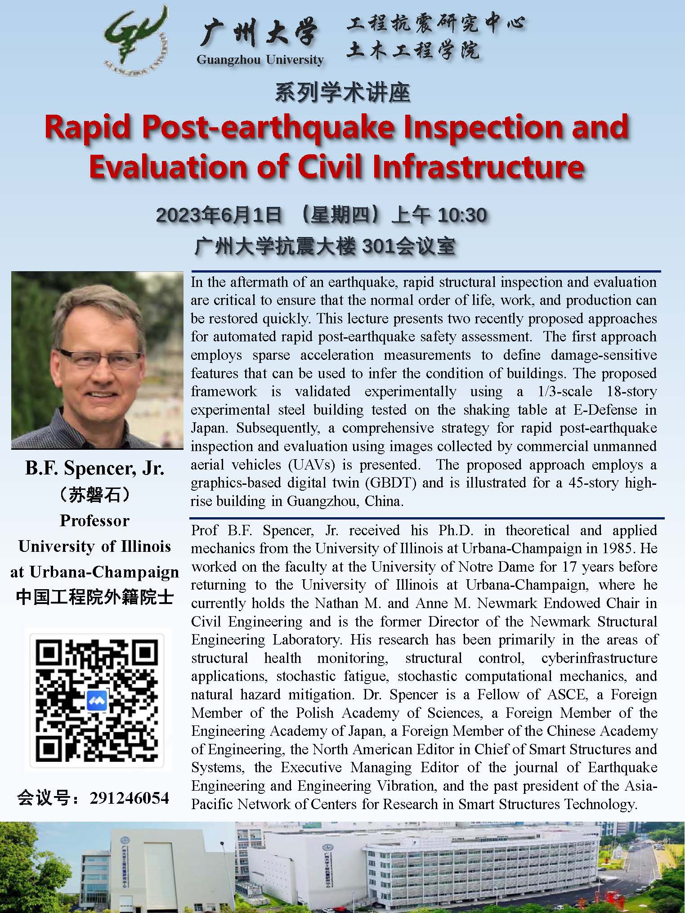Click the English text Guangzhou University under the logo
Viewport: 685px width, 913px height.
[x=260, y=60]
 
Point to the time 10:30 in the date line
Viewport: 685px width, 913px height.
[x=462, y=215]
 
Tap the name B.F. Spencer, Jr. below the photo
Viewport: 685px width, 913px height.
[x=95, y=468]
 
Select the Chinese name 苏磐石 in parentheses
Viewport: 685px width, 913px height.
[x=95, y=495]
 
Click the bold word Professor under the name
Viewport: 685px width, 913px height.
[x=95, y=520]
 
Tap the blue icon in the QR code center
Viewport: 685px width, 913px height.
[x=97, y=700]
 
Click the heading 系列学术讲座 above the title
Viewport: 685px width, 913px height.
[x=342, y=93]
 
